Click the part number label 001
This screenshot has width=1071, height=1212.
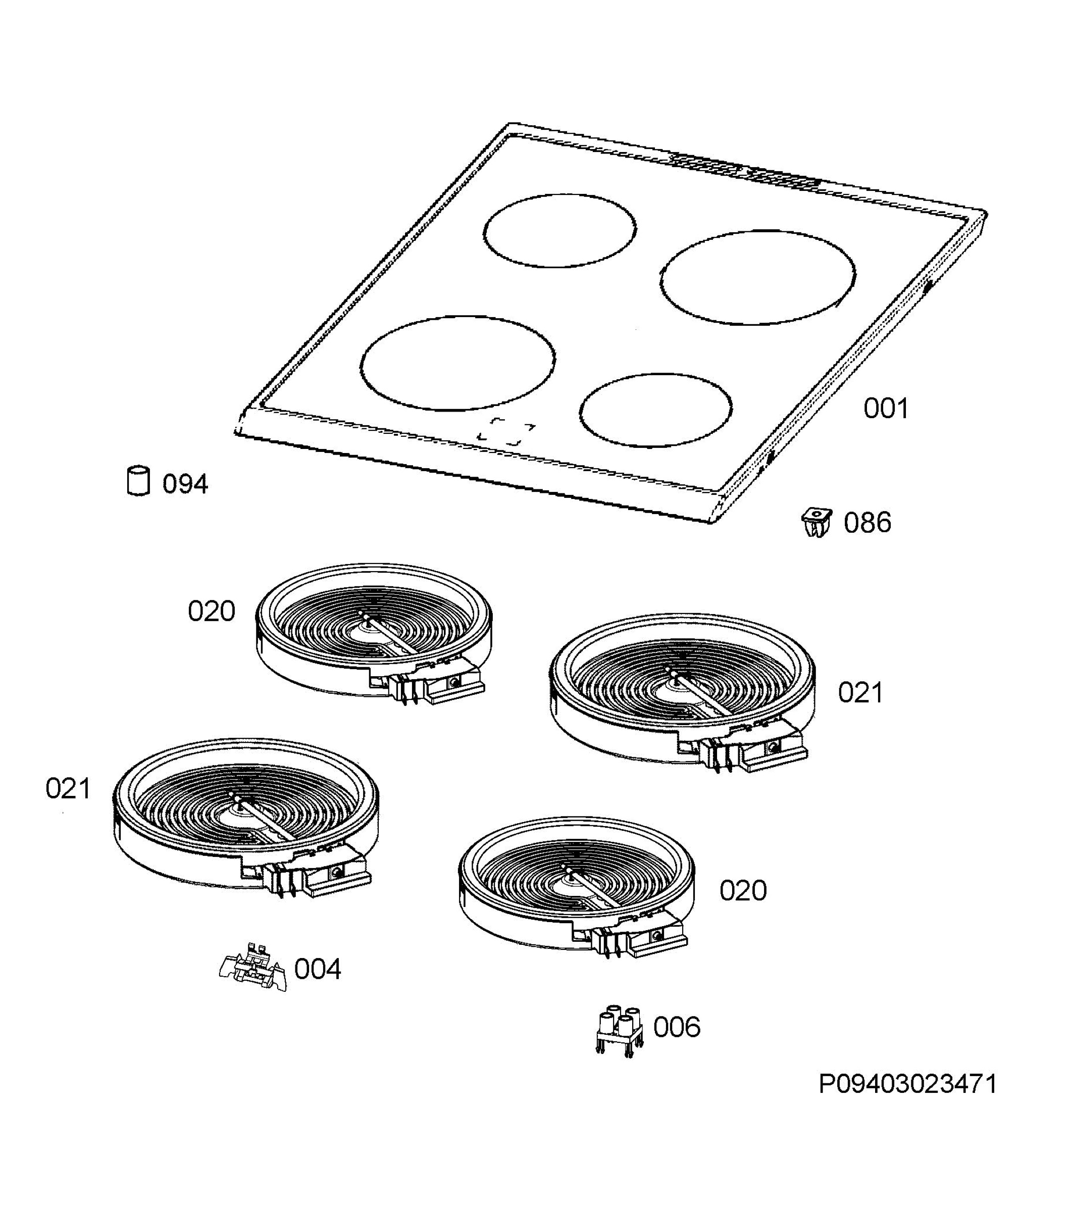click(885, 409)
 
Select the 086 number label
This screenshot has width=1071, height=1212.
click(868, 523)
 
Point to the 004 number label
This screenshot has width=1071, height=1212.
click(318, 970)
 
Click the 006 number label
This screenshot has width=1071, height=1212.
click(677, 1027)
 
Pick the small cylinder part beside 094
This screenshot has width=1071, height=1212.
click(139, 480)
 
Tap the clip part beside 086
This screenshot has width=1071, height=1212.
click(817, 522)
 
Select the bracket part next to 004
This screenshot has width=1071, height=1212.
click(254, 967)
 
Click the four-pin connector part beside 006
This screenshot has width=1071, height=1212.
click(619, 1032)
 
